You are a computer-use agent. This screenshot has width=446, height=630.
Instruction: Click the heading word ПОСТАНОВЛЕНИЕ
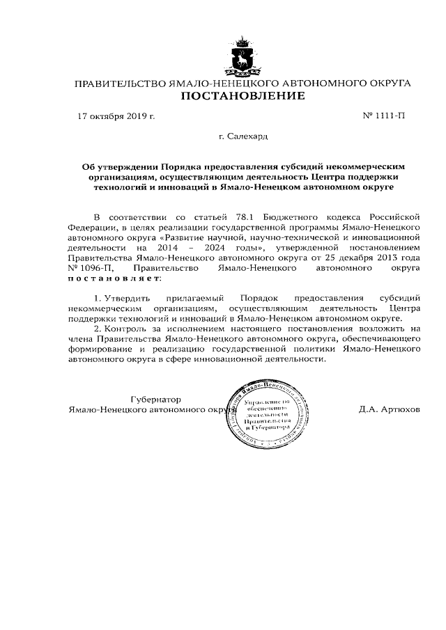pos(243,96)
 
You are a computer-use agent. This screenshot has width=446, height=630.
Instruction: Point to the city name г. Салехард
pos(243,138)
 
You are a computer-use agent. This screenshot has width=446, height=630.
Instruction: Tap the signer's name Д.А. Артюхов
pos(390,409)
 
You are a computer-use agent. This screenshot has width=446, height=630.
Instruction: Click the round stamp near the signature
pos(267,415)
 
